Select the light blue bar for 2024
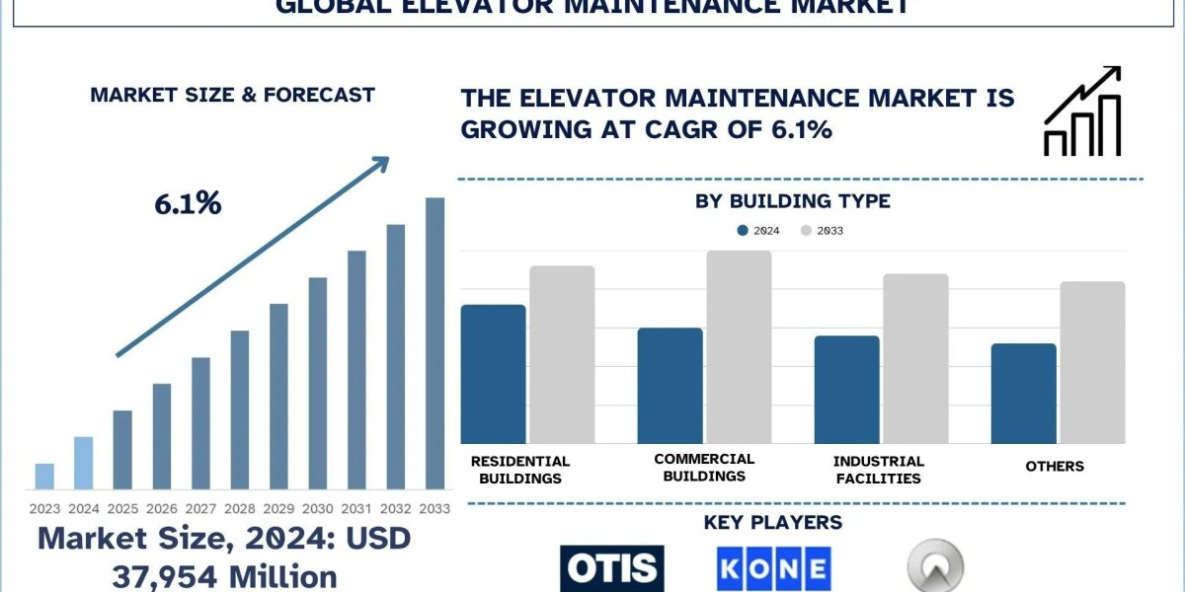tap(84, 463)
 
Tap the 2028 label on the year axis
tap(240, 509)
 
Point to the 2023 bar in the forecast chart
tap(44, 476)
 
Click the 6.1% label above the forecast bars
tap(188, 204)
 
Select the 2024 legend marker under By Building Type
tap(742, 231)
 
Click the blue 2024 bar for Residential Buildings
tap(493, 374)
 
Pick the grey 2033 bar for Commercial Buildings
tap(739, 347)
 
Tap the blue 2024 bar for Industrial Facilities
tap(846, 390)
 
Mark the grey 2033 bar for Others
tap(1092, 362)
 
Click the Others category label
tap(1055, 466)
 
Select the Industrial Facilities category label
tap(878, 470)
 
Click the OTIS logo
tap(612, 568)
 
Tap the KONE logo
tap(774, 569)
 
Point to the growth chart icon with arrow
tap(1082, 111)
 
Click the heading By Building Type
tap(793, 201)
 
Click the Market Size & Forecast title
tap(232, 95)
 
